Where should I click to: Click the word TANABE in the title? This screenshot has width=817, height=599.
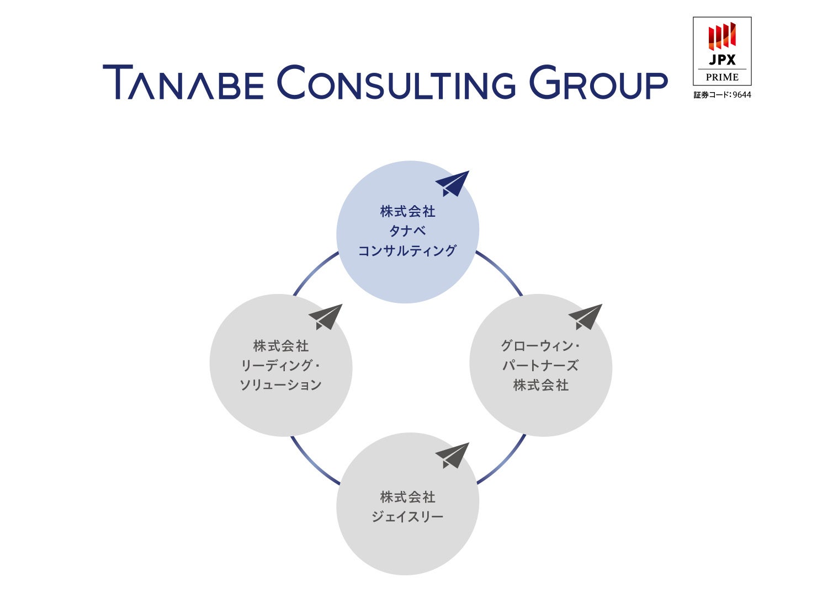[x=183, y=83]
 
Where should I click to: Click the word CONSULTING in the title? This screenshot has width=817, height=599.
[x=396, y=83]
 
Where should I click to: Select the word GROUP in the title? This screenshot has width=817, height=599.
[x=598, y=83]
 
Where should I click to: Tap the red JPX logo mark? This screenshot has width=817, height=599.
[x=722, y=36]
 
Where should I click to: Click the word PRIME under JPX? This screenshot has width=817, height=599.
[x=722, y=77]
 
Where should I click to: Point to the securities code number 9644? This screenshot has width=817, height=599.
[x=742, y=95]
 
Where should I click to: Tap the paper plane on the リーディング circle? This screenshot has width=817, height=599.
[x=326, y=317]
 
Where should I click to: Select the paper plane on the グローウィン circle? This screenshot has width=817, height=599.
[x=586, y=317]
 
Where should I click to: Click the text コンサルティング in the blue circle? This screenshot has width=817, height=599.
[x=407, y=251]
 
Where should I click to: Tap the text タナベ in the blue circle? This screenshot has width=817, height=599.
[x=407, y=231]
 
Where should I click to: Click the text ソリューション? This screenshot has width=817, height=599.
[x=280, y=385]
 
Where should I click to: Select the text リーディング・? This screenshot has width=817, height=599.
[x=280, y=365]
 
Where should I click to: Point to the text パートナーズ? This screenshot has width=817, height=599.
[x=540, y=365]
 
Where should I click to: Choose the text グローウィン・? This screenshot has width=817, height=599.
[x=540, y=346]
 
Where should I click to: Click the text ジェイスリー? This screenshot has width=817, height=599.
[x=407, y=517]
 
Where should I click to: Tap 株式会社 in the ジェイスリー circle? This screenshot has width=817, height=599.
[x=407, y=497]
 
